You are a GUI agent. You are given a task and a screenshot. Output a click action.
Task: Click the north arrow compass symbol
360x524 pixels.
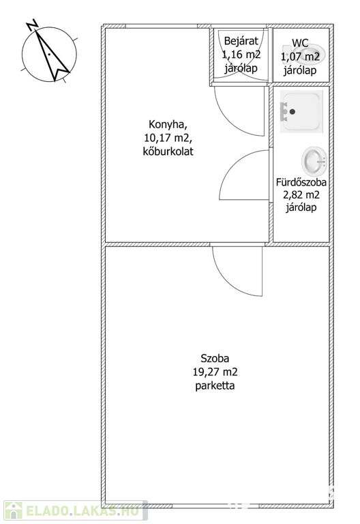49,53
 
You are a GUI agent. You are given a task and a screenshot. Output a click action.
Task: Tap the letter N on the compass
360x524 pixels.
33,25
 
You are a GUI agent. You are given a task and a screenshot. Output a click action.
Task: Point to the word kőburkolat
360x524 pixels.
168,151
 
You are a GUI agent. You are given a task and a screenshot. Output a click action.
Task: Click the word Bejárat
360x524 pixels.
241,41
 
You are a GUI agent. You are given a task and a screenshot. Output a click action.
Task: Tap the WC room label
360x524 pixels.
300,43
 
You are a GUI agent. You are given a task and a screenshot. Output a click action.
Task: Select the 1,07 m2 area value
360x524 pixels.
300,57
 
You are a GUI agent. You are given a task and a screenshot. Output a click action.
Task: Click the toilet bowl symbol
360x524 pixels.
303,55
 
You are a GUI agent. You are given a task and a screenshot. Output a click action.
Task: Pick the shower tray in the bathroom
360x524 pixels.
301,111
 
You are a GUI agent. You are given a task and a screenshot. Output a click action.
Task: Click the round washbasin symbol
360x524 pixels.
314,162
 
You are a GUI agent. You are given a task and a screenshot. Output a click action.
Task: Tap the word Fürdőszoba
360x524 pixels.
301,182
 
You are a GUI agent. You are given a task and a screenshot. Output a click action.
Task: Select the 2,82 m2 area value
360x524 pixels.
301,194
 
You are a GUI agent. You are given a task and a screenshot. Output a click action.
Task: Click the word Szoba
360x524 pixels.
215,359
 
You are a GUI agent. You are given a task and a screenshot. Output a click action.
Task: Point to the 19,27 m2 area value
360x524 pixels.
215,372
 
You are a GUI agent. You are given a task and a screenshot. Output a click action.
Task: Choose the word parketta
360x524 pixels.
215,385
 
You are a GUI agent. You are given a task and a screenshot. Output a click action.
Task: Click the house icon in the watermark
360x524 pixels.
13,510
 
